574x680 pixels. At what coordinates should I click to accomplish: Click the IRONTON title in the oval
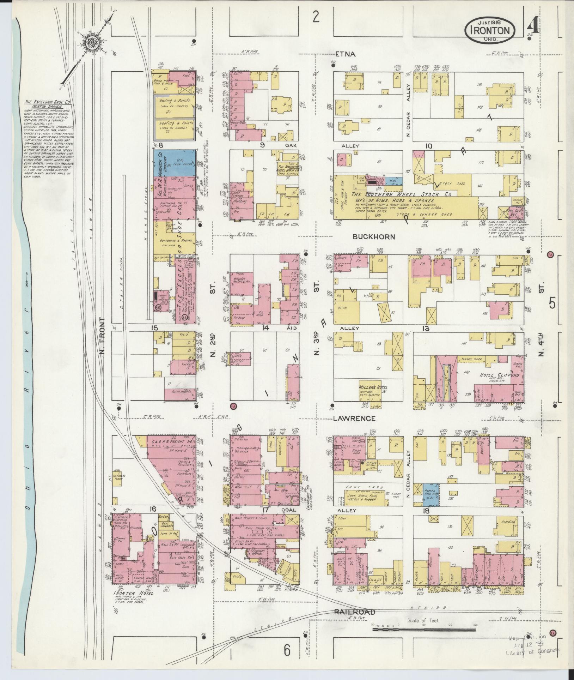point(491,30)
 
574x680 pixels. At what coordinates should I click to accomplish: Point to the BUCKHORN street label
point(374,237)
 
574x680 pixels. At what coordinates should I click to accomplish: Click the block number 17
point(265,510)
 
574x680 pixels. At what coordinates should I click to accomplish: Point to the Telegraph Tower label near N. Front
point(116,474)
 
